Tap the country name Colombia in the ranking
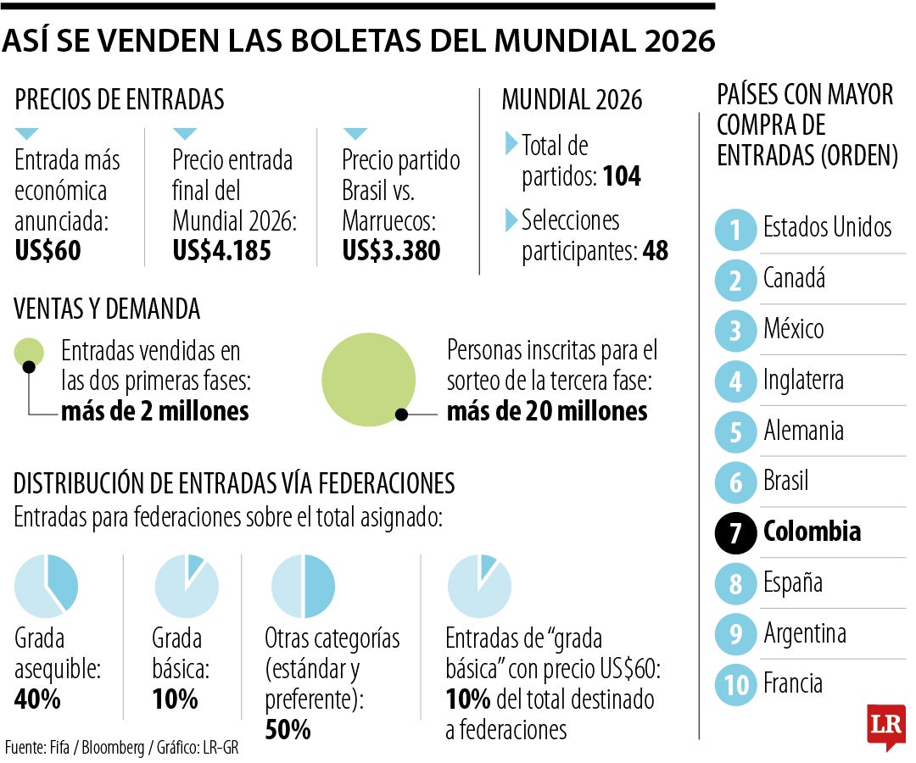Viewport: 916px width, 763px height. point(812,532)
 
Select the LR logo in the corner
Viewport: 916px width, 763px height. point(885,726)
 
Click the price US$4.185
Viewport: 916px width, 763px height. point(221,251)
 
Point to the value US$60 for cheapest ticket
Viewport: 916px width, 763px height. point(47,251)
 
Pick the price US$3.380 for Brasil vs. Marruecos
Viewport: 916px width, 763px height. point(391,251)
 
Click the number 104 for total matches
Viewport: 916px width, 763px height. point(622,176)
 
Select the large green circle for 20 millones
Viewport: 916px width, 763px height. point(369,379)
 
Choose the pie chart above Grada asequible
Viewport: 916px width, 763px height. point(47,586)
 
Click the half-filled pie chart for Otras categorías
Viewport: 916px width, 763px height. point(303,586)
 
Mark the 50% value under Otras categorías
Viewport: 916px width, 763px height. point(288,729)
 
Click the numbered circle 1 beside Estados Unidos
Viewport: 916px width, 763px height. point(734,229)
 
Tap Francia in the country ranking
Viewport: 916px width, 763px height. point(792,683)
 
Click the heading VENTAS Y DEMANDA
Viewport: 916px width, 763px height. point(107,309)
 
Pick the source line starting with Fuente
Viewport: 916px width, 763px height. point(114,748)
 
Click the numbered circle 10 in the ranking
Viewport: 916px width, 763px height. point(734,685)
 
